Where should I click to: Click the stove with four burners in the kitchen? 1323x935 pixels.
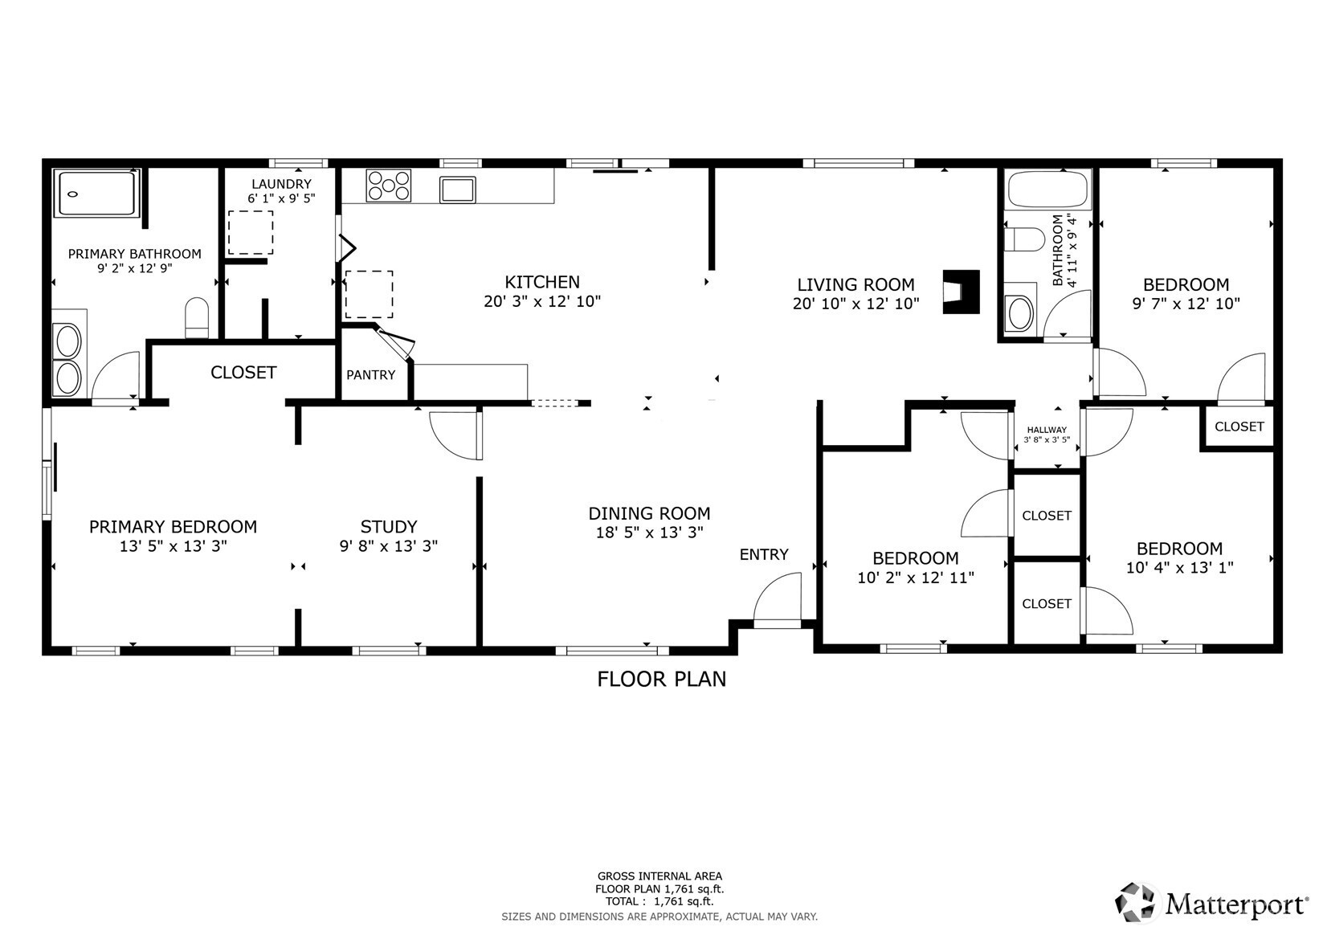tap(388, 186)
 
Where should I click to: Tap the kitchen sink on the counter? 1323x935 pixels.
tap(458, 190)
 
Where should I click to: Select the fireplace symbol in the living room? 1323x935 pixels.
tap(961, 292)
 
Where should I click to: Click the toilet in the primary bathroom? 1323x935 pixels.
tap(197, 318)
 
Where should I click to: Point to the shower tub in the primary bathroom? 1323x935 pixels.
tap(97, 193)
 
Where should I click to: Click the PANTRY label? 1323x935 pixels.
tap(370, 375)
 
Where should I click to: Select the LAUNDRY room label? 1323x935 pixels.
tap(281, 184)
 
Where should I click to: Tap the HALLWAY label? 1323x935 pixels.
tap(1047, 430)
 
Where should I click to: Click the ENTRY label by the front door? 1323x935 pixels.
tap(764, 554)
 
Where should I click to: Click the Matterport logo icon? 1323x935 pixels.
tap(1134, 903)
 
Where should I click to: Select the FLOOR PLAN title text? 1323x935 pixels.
tap(662, 680)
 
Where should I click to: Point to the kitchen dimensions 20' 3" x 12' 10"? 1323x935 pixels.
tap(542, 301)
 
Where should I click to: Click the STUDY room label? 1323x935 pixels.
tap(389, 526)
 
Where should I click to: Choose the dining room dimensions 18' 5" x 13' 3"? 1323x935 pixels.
tap(649, 533)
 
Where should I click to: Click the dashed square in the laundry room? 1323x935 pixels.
tap(251, 233)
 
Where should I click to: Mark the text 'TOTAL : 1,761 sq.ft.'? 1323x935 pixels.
tap(659, 901)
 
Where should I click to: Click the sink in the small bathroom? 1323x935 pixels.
tap(1020, 313)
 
